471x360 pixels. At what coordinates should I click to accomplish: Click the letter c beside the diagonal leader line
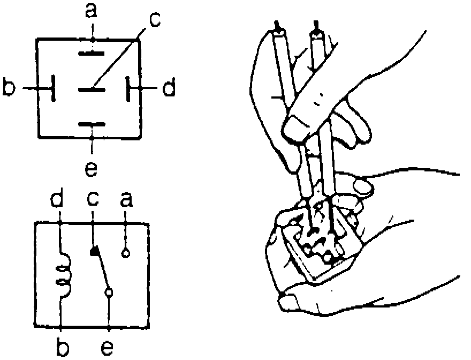pos(154,20)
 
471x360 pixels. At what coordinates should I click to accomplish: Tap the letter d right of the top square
pos(169,88)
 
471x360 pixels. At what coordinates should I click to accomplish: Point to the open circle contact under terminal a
pos(126,253)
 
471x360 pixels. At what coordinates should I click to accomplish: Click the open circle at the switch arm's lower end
pos(109,292)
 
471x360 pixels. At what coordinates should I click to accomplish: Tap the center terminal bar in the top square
pos(92,89)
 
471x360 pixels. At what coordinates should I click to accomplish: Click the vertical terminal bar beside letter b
pos(54,88)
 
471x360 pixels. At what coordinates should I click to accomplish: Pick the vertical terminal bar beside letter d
pos(128,88)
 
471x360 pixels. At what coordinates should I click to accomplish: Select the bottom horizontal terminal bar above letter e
pos(92,125)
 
